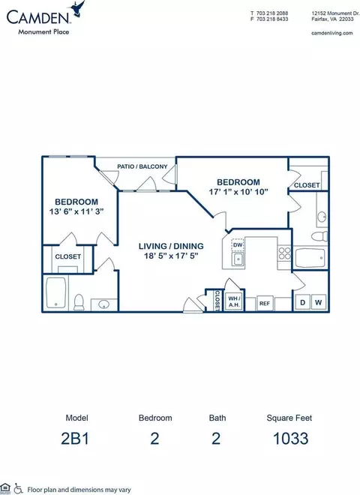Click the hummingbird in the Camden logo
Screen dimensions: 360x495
[79, 8]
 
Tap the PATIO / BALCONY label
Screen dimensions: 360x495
[142, 166]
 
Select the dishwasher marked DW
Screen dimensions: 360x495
[238, 244]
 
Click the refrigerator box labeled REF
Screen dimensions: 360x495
[265, 304]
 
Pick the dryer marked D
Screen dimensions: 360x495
[302, 303]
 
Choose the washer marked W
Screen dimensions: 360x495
[319, 303]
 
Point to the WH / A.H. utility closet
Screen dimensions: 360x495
[234, 301]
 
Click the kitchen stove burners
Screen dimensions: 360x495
[284, 253]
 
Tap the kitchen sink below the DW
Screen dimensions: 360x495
[238, 259]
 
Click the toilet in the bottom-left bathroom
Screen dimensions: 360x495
[79, 301]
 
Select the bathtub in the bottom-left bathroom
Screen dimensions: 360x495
[56, 292]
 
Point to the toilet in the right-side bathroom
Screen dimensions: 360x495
[319, 235]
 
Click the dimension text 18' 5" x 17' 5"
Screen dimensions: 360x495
[171, 256]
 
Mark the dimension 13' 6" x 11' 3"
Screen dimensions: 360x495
[76, 211]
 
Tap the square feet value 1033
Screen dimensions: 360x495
[290, 439]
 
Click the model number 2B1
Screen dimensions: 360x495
[75, 439]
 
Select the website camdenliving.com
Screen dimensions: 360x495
[332, 33]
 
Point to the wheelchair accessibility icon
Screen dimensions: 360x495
[18, 489]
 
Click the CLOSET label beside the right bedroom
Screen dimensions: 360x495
[307, 185]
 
